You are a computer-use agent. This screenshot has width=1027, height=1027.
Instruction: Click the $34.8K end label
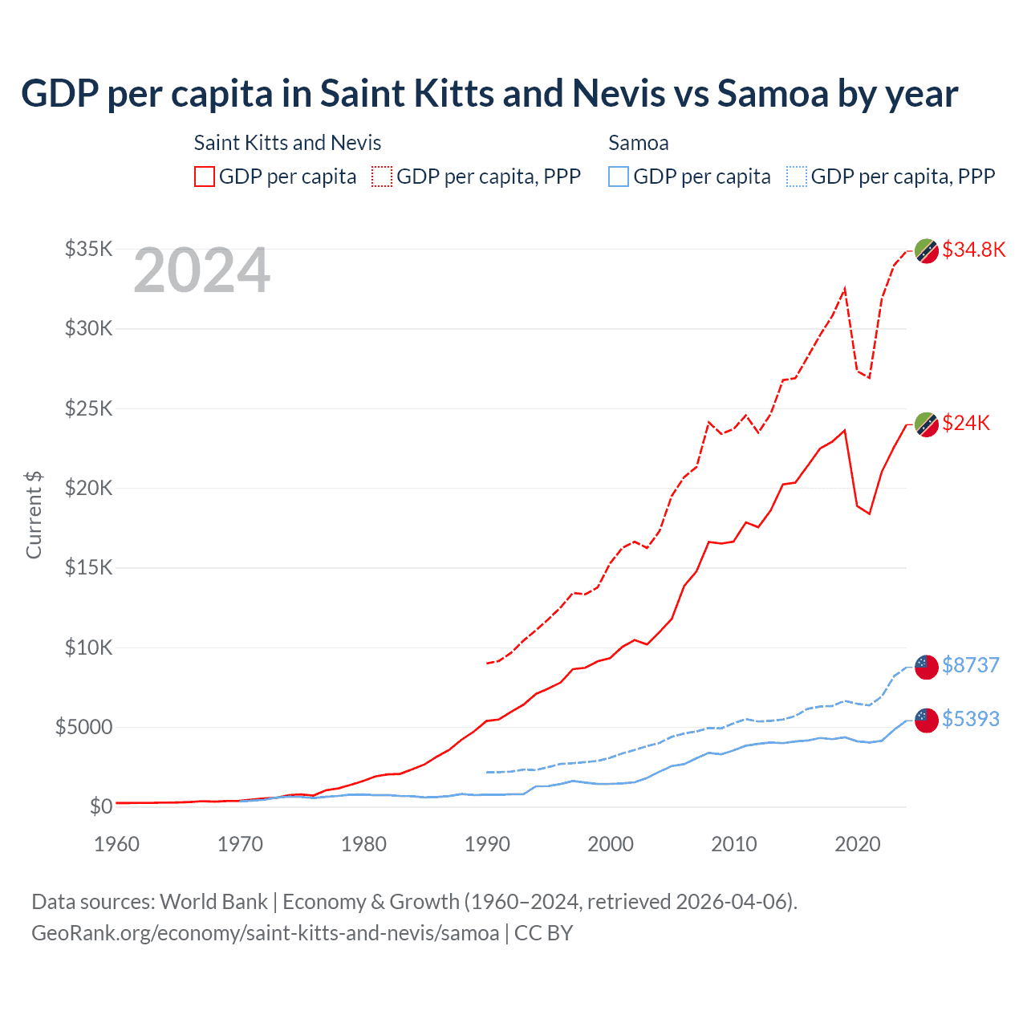tap(973, 250)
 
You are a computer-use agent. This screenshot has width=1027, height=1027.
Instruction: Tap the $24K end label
tap(966, 423)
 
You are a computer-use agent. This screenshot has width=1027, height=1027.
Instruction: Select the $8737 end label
tap(971, 665)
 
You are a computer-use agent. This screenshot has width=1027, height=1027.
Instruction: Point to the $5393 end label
tap(971, 719)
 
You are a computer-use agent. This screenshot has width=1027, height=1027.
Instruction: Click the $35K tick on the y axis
tap(88, 249)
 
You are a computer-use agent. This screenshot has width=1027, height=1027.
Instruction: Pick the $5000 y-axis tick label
tap(83, 727)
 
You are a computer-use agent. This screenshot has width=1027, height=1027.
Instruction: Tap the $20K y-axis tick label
tap(88, 488)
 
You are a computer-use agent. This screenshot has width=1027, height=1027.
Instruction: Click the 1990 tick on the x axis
tap(487, 844)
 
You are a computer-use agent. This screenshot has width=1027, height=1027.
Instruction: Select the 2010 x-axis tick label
tap(734, 844)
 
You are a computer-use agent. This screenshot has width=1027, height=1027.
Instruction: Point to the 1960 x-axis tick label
tap(117, 844)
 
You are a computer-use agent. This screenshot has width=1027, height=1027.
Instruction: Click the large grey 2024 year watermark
tap(201, 270)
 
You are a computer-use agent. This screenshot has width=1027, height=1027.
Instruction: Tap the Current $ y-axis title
tap(34, 515)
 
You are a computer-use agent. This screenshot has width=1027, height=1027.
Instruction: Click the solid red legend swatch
tap(205, 177)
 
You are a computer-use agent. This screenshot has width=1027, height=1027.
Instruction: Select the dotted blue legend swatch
tap(797, 177)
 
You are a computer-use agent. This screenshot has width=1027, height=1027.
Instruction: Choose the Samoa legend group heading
tap(638, 143)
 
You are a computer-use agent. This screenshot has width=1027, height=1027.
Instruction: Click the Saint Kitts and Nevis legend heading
tap(287, 143)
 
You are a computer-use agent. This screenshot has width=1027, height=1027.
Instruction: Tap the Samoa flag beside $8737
tap(927, 666)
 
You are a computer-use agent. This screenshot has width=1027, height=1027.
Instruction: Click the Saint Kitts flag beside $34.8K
tap(927, 251)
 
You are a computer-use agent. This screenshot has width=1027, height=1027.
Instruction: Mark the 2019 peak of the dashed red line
tap(845, 288)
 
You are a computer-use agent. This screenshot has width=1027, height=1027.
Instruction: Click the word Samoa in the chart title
tap(772, 93)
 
